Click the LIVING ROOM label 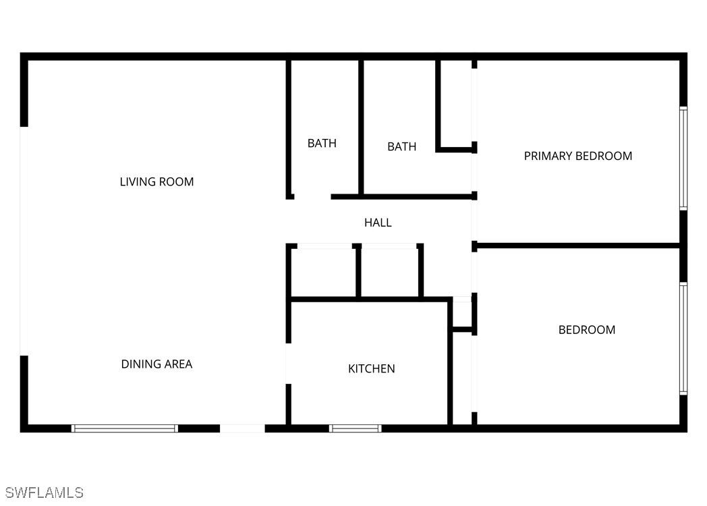click(x=157, y=181)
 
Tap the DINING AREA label click(x=157, y=364)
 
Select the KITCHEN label click(x=371, y=368)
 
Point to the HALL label click(x=378, y=223)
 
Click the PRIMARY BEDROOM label click(x=577, y=156)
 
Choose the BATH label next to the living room click(x=322, y=143)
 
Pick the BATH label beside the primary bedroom click(x=402, y=146)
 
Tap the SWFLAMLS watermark click(x=45, y=493)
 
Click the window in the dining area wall click(x=124, y=428)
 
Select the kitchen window click(x=356, y=428)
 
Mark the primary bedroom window click(x=683, y=159)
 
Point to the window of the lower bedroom click(x=683, y=339)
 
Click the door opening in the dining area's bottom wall click(x=242, y=428)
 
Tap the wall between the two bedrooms click(x=578, y=246)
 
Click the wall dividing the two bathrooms click(x=361, y=128)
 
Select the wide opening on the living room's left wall click(x=24, y=242)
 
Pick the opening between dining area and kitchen click(x=289, y=364)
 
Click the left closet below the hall click(x=323, y=272)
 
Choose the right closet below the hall click(x=389, y=272)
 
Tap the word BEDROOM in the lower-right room click(x=587, y=330)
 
